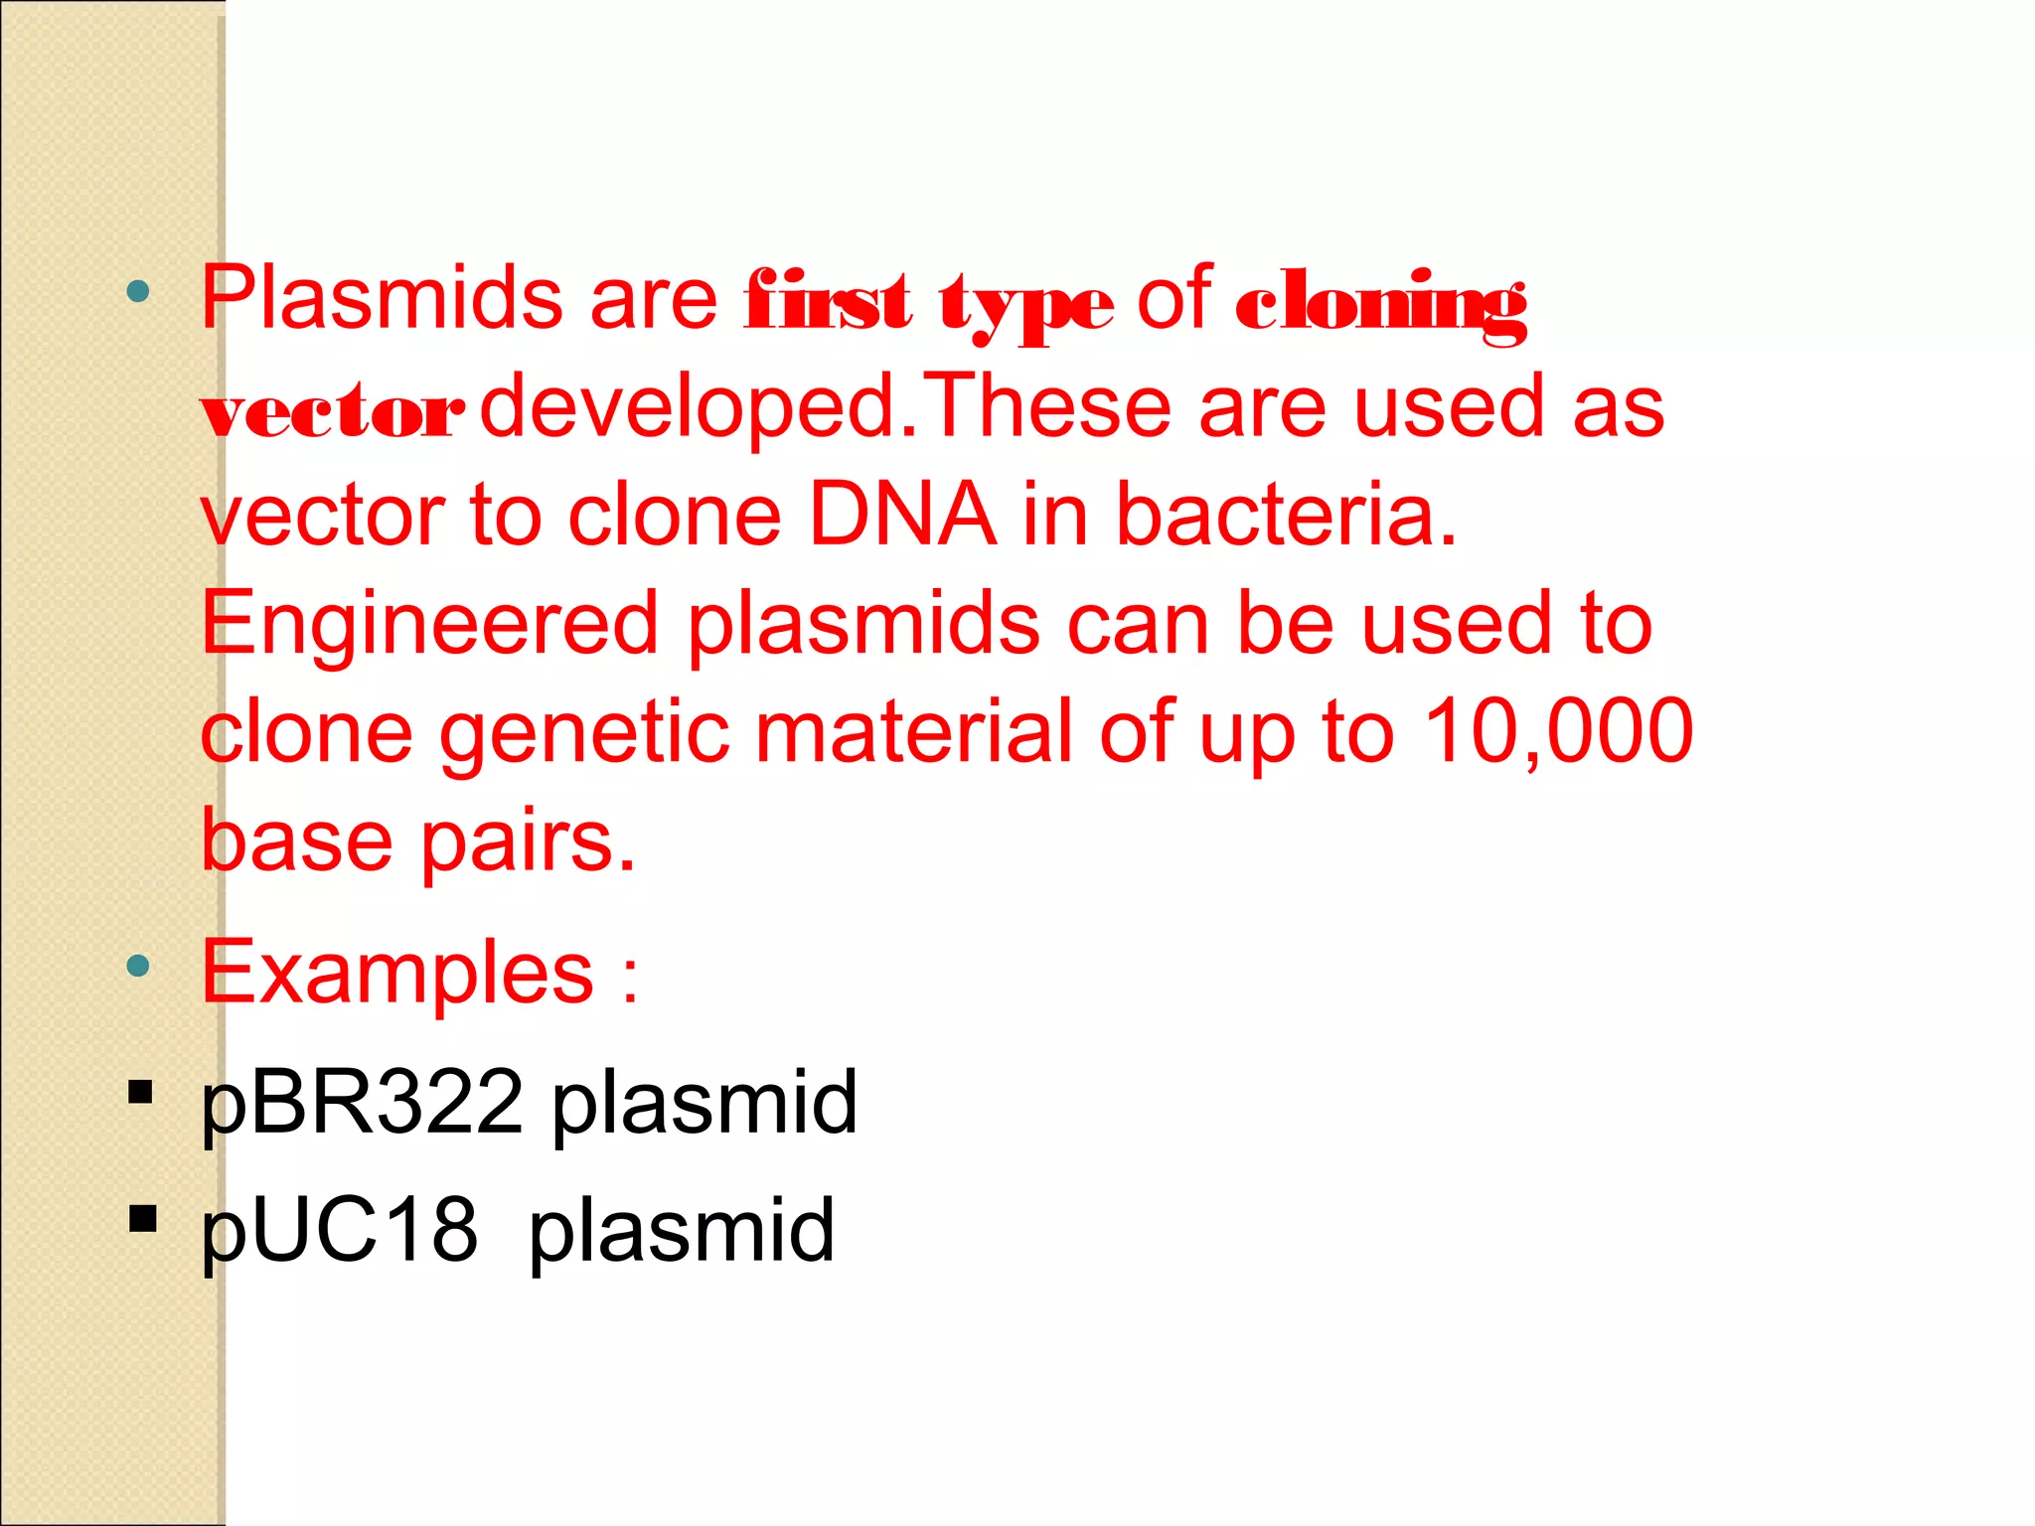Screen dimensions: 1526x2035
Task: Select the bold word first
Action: click(x=828, y=301)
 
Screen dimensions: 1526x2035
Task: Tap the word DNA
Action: click(x=902, y=515)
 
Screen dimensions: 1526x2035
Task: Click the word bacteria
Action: click(x=1286, y=515)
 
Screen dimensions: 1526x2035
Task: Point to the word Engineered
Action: click(x=429, y=624)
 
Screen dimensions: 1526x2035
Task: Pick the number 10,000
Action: click(x=1558, y=731)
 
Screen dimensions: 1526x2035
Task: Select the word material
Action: click(x=914, y=731)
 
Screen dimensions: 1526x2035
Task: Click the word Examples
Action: click(x=397, y=974)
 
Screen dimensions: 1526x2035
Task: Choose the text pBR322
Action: click(x=362, y=1103)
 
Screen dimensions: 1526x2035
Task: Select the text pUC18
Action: click(x=339, y=1231)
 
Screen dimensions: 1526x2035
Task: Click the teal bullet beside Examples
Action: click(x=138, y=966)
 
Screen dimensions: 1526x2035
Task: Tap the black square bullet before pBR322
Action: click(x=141, y=1092)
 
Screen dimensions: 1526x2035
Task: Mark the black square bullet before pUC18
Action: click(x=142, y=1218)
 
